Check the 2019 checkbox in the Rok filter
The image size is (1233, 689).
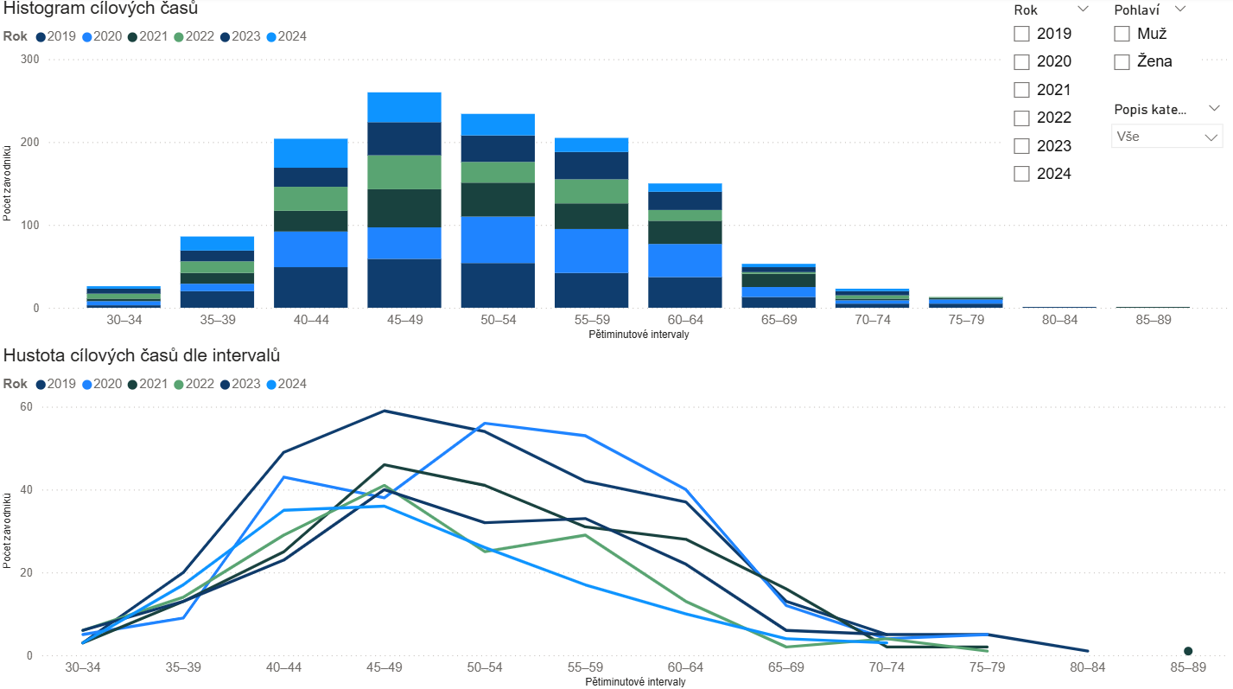(1022, 34)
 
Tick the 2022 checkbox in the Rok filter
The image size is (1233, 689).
(1022, 118)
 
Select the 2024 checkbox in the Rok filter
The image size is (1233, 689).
(1022, 174)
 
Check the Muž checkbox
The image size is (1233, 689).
(1122, 34)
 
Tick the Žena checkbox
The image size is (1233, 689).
(1122, 61)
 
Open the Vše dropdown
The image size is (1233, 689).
(1166, 137)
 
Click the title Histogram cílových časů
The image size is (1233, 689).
(100, 10)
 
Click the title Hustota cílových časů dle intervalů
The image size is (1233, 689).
(142, 355)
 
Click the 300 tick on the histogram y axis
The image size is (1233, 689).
(30, 60)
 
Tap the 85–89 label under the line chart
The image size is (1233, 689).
(1187, 668)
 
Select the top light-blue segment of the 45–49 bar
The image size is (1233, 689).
(404, 107)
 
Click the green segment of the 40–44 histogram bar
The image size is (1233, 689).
(311, 199)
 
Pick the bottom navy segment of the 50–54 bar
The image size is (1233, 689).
(497, 285)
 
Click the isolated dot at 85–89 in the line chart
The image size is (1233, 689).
(1188, 651)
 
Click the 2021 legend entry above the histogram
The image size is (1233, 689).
(152, 36)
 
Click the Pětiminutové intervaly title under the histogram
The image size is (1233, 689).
(637, 335)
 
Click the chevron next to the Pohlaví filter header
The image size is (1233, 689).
(1180, 10)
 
